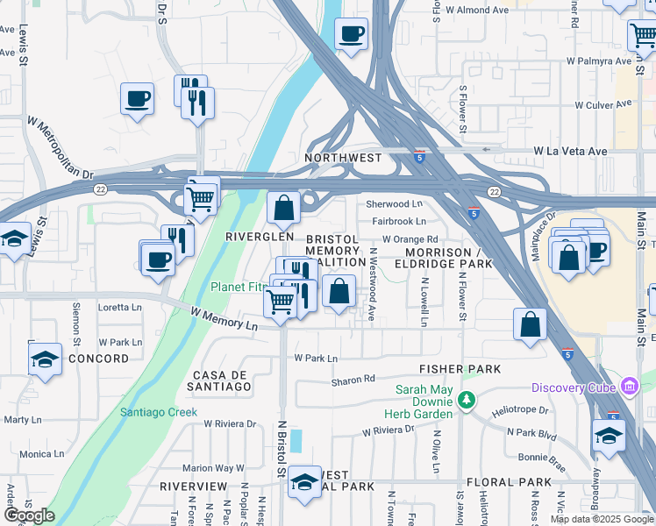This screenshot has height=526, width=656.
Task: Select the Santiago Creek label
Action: click(159, 412)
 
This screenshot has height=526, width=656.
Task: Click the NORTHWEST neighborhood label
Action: click(343, 158)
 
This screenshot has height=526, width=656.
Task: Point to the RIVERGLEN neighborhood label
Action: click(259, 237)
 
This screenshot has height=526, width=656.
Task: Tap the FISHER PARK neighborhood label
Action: click(460, 369)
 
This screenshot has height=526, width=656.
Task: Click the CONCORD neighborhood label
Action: click(99, 359)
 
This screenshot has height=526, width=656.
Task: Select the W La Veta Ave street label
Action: click(571, 151)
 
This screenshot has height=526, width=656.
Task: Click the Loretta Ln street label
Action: click(119, 308)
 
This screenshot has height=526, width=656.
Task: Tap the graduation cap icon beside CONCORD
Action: click(45, 359)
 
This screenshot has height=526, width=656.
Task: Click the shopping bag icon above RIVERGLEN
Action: click(283, 209)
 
